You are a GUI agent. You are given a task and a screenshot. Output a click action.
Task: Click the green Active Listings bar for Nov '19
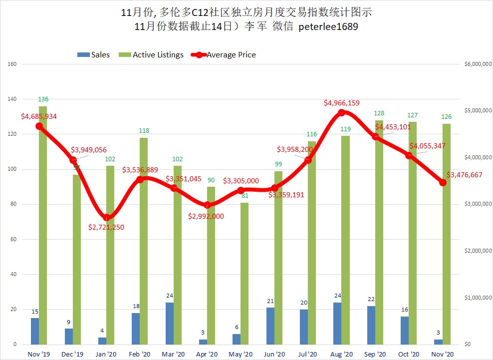[x=43, y=225]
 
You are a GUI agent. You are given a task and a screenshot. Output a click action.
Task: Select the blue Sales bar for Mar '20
[x=169, y=324]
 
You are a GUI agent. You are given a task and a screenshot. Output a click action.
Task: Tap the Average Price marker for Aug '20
[x=342, y=113]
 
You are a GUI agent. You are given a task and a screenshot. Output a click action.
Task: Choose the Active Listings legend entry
[x=158, y=54]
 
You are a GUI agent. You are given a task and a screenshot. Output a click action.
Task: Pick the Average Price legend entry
[x=231, y=54]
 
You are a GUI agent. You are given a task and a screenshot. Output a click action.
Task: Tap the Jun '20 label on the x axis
[x=274, y=354]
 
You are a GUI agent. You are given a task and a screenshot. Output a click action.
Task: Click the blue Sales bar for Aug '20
[x=337, y=324]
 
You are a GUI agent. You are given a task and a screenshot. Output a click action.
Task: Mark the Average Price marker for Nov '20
[x=443, y=182]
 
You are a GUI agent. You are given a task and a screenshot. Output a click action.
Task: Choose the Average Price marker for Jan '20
[x=107, y=217]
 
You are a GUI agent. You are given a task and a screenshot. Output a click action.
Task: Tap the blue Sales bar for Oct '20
[x=405, y=331]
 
